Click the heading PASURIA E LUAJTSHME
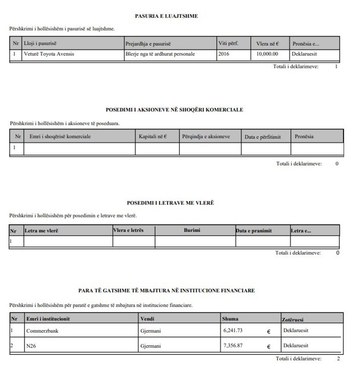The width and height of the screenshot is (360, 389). [x=166, y=16]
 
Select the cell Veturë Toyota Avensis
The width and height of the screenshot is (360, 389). [x=49, y=54]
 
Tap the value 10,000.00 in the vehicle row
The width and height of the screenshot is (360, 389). [x=267, y=54]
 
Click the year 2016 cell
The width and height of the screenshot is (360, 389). [x=224, y=54]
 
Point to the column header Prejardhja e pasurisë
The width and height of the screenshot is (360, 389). [x=148, y=44]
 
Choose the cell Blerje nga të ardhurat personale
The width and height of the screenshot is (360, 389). [x=160, y=54]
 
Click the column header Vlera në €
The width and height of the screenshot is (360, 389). [x=267, y=44]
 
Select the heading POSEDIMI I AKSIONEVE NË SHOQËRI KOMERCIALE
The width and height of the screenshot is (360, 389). [x=174, y=110]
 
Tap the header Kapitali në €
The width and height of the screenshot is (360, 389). [x=153, y=137]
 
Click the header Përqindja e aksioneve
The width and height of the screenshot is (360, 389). [x=206, y=137]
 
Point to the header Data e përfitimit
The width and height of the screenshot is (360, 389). [x=263, y=137]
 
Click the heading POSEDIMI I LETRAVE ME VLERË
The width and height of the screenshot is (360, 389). [x=170, y=203]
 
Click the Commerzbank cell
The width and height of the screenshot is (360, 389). [x=43, y=331]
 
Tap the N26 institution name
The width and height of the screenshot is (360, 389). [x=31, y=346]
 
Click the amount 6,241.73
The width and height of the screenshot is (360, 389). [x=233, y=330]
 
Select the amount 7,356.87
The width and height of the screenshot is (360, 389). [x=233, y=346]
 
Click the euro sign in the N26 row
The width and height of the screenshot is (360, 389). [x=269, y=346]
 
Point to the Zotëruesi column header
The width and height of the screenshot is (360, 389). [x=292, y=320]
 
